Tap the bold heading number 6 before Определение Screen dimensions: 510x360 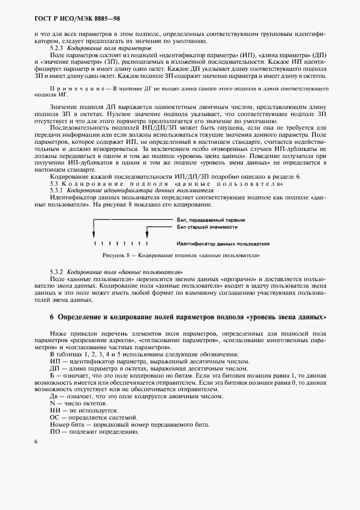[x=52, y=317]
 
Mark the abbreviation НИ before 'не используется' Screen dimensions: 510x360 [x=54, y=410]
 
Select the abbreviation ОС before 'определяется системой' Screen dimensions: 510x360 [x=54, y=417]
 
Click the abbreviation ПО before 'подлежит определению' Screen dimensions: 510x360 [x=54, y=431]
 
